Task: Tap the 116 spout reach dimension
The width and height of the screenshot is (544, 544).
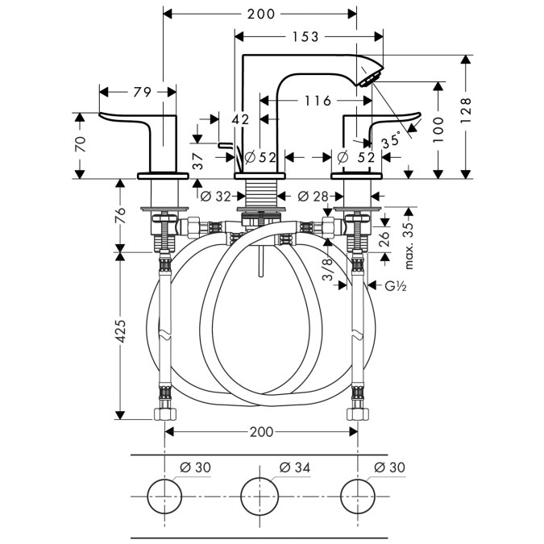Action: [x=318, y=101]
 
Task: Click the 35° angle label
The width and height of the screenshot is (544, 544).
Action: [x=391, y=140]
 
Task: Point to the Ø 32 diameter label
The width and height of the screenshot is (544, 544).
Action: [x=216, y=196]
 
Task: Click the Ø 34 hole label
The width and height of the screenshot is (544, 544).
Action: [x=295, y=468]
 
